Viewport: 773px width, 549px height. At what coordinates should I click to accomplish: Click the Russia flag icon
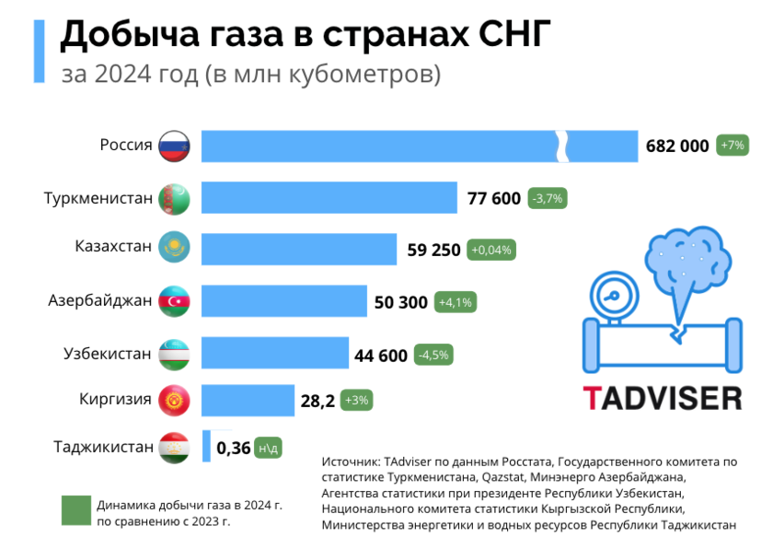point(174,146)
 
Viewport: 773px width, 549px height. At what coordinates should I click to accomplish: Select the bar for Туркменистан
point(329,198)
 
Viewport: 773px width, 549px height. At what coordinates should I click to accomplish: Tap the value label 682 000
point(677,146)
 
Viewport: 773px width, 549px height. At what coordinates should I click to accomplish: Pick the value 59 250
point(433,249)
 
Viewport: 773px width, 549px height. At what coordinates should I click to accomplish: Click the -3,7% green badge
point(548,198)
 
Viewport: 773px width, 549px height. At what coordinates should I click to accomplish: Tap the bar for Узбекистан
point(274,354)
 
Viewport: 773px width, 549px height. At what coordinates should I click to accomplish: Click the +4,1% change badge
point(456,301)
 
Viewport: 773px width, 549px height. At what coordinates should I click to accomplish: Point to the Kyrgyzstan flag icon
point(174,401)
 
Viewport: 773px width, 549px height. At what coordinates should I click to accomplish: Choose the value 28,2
point(317,402)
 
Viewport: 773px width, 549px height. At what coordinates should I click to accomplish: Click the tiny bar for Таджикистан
point(206,448)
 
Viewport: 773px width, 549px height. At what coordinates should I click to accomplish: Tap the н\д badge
point(268,449)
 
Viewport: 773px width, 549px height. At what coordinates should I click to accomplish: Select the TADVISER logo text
point(662,397)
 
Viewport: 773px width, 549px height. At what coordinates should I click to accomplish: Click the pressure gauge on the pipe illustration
point(610,296)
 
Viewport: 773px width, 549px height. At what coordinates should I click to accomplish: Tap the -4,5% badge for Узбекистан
point(434,355)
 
